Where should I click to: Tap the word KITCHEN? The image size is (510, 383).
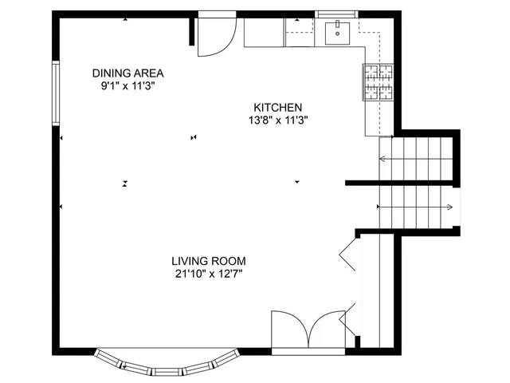point(278,108)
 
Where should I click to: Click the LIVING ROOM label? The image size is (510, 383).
point(209,261)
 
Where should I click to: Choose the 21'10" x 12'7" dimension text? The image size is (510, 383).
point(209,274)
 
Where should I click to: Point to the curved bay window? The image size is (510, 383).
point(167,365)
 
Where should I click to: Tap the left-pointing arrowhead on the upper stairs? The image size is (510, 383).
point(382,160)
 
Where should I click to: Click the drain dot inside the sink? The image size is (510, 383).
point(340,34)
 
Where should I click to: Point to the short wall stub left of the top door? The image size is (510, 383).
point(192,30)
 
